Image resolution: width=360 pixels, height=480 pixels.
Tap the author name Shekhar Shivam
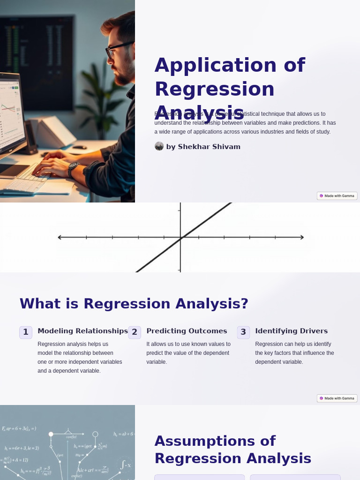coord(203,147)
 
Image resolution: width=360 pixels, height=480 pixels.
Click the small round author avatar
coord(159,146)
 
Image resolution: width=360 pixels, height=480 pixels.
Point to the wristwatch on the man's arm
coord(73,169)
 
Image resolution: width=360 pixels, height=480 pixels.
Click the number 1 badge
coord(26,332)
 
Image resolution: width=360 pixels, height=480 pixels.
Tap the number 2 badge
coord(135,332)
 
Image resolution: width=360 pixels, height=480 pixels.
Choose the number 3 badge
coord(243,332)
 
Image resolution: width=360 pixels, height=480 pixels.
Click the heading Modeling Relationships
coord(82,331)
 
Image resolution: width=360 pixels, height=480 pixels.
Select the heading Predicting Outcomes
coord(187,331)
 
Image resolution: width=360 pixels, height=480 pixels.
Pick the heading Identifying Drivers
coord(291,331)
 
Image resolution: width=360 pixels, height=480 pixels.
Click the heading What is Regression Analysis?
coord(134,304)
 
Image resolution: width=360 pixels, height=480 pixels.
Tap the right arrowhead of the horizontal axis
coord(301,237)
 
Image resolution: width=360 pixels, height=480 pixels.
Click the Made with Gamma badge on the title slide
coord(337,196)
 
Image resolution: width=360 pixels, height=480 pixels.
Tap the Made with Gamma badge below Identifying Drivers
coord(337,398)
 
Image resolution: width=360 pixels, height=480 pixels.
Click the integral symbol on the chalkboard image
coord(122,465)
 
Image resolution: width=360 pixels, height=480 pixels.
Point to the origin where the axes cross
coord(180,237)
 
